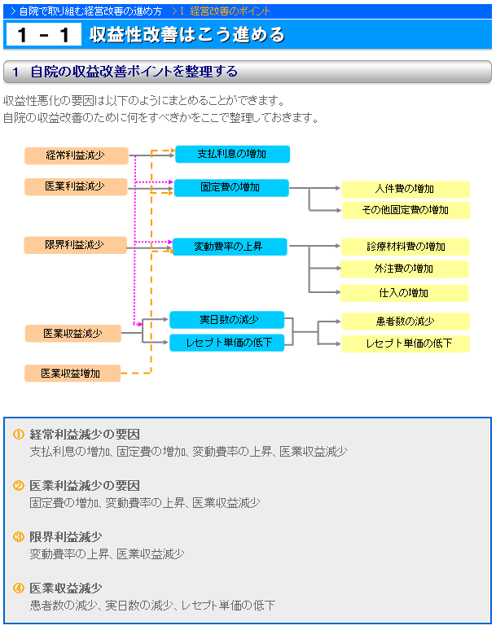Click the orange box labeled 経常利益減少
(77, 155)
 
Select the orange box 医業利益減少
(76, 187)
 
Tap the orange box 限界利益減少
(76, 245)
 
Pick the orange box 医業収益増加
(72, 374)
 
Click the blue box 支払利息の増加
(232, 155)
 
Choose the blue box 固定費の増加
(231, 188)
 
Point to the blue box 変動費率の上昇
(230, 247)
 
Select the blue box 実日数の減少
(226, 320)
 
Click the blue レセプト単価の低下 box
(226, 343)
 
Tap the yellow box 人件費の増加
(406, 189)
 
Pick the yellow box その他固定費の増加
(406, 210)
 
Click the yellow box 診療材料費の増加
(405, 247)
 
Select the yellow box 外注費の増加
(404, 269)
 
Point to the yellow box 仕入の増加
(404, 293)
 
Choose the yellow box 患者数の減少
(406, 322)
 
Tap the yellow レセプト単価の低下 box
(406, 343)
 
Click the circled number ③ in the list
(19, 536)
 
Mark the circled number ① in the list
(19, 435)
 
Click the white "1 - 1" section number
(44, 34)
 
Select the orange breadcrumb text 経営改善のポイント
(230, 11)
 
